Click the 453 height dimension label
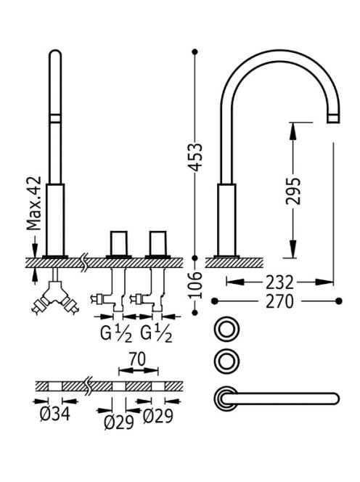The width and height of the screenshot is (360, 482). (196, 157)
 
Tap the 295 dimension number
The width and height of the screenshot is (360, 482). (292, 191)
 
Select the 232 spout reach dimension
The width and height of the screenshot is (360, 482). (279, 282)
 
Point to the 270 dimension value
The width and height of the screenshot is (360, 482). (279, 301)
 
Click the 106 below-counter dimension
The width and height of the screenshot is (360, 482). (196, 285)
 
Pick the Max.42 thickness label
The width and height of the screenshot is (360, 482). (34, 203)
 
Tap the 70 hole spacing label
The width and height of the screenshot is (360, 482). (137, 359)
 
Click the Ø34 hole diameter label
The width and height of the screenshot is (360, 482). (55, 414)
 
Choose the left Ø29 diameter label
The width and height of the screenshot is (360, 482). (119, 422)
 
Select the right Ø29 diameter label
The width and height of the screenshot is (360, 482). (158, 416)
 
